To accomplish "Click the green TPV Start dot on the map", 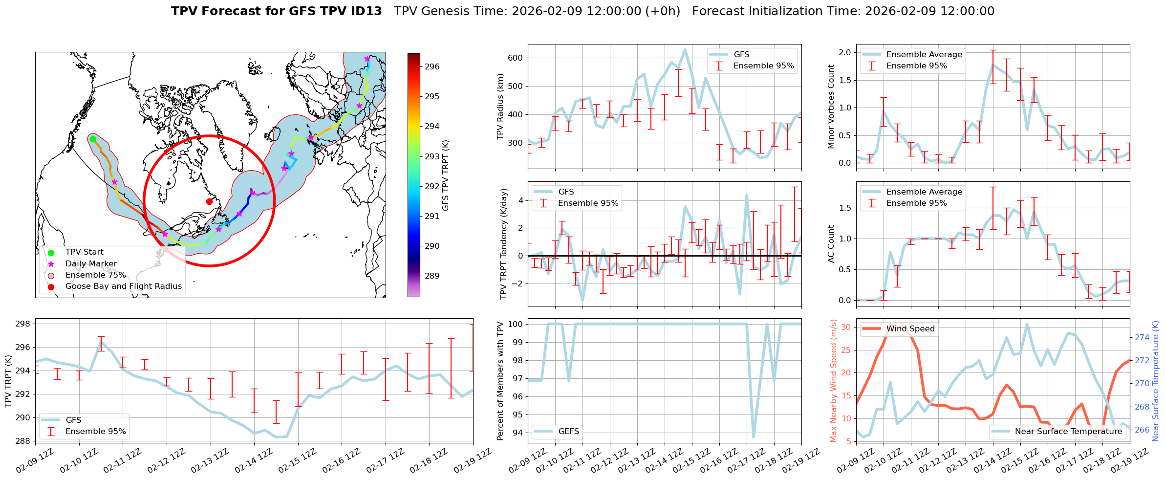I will pyautogui.click(x=93, y=139).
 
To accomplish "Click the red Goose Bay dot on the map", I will pyautogui.click(x=209, y=201).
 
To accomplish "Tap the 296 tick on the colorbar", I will pyautogui.click(x=431, y=66).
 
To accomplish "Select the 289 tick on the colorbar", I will pyautogui.click(x=431, y=276).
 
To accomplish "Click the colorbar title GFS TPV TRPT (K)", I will pyautogui.click(x=445, y=175).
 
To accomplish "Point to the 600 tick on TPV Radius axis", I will pyautogui.click(x=516, y=58).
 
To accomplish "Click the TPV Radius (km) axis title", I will pyautogui.click(x=500, y=107).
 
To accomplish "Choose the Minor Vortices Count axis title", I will pyautogui.click(x=831, y=107).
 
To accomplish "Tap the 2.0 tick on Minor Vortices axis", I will pyautogui.click(x=845, y=52).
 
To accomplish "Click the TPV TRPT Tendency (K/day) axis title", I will pyautogui.click(x=504, y=244).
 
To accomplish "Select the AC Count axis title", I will pyautogui.click(x=831, y=244).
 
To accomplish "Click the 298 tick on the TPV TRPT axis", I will pyautogui.click(x=22, y=324).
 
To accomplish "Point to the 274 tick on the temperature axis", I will pyautogui.click(x=1142, y=337).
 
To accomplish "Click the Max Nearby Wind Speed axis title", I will pyautogui.click(x=834, y=381).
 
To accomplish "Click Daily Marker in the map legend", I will pyautogui.click(x=91, y=264).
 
